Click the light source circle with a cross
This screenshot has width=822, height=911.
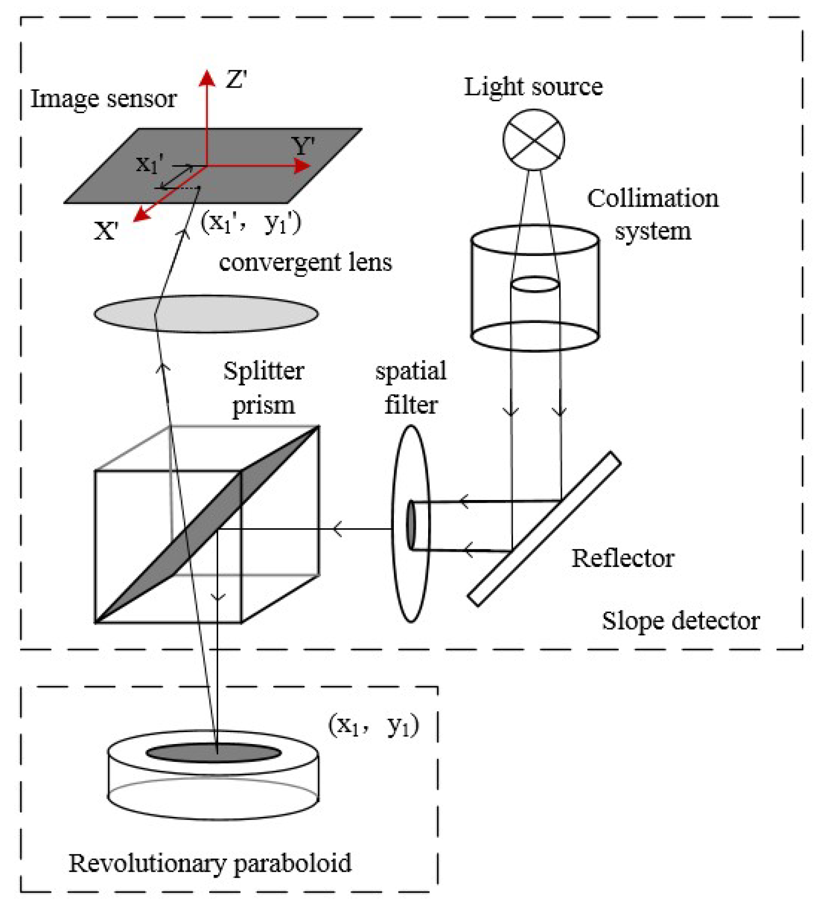[533, 140]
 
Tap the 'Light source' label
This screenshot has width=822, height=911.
[533, 87]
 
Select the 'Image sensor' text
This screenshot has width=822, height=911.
[103, 99]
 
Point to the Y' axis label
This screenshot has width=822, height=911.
[303, 146]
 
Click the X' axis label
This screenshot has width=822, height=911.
[106, 231]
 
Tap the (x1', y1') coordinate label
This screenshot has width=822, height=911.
[251, 223]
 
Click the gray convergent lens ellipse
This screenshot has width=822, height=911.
[237, 314]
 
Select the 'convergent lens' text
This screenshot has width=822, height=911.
[305, 262]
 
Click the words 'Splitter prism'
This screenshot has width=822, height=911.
[263, 388]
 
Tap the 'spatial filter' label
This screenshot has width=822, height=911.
[411, 388]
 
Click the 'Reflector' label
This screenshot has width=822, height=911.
[623, 558]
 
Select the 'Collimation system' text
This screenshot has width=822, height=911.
[653, 214]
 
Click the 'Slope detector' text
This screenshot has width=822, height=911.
[681, 621]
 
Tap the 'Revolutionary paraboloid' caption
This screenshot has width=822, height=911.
[210, 863]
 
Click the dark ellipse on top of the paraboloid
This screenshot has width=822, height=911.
[213, 753]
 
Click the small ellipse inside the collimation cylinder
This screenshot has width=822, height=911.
[534, 284]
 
